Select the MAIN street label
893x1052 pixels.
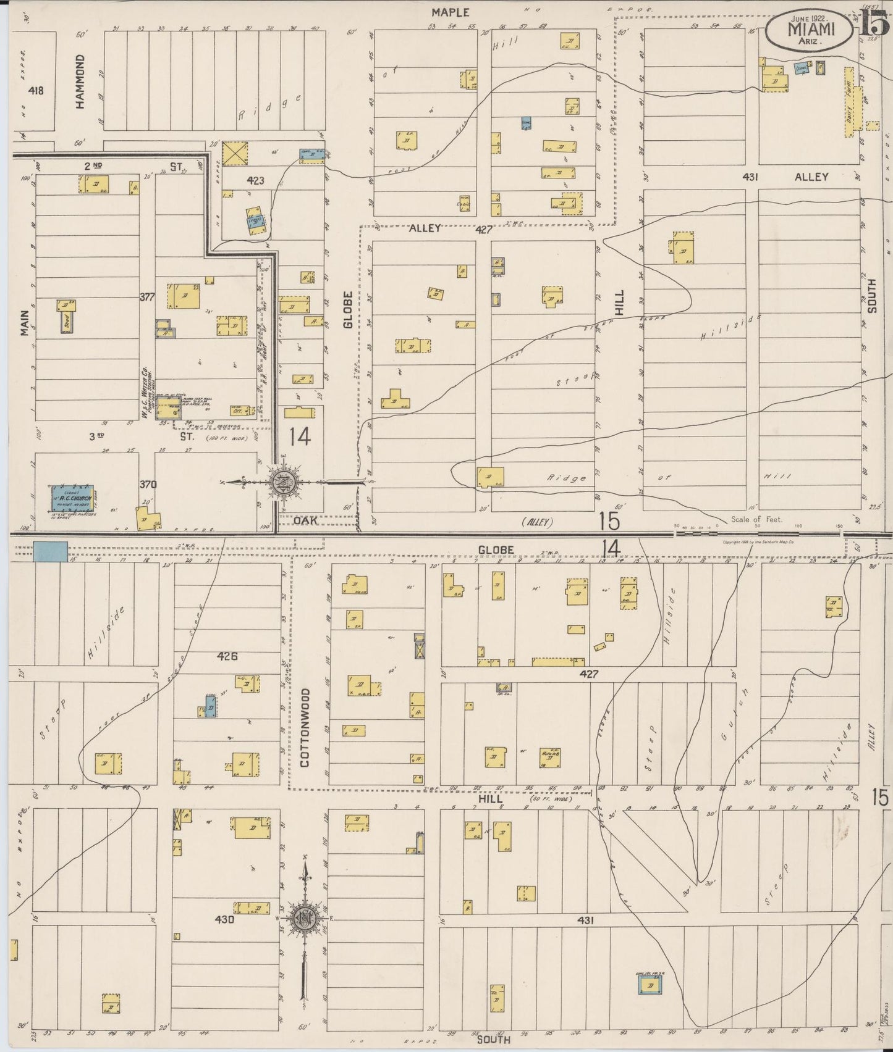point(24,322)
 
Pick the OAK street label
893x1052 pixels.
point(305,520)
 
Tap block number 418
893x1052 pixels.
point(36,91)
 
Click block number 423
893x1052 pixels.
point(255,180)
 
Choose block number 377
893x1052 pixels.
point(146,297)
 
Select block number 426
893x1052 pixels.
point(227,656)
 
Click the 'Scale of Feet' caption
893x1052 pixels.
point(756,519)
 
